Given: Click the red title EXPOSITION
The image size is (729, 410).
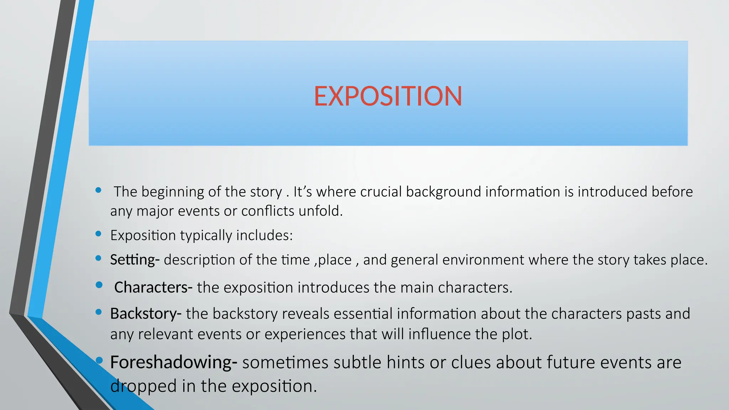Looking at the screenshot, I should pos(388,96).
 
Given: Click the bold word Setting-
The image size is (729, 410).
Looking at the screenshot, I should pos(135,260).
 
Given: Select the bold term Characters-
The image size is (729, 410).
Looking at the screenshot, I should pos(153,287).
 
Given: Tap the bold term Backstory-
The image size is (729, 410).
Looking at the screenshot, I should pos(146,314).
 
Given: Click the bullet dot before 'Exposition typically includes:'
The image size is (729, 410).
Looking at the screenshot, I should pos(99,234).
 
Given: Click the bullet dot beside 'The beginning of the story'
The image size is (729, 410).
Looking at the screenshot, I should pos(99,190).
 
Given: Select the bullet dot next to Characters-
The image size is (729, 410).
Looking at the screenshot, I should pos(99,285).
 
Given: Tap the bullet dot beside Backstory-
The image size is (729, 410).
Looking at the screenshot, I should pos(99,312).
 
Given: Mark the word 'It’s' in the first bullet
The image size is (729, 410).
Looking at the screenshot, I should pos(303,192).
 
